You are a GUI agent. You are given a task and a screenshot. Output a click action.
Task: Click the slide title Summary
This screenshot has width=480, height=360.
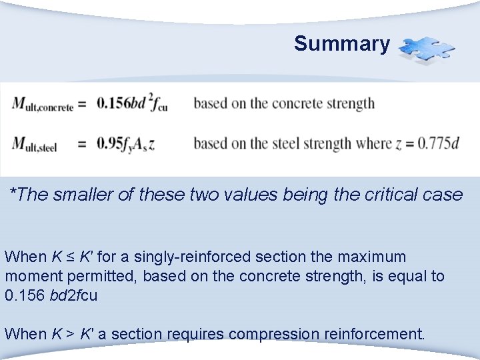pyautogui.click(x=341, y=44)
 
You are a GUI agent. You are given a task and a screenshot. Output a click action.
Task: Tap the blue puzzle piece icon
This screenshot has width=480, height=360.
pyautogui.click(x=427, y=49)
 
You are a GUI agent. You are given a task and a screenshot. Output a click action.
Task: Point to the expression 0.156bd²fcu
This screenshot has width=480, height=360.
pyautogui.click(x=129, y=103)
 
